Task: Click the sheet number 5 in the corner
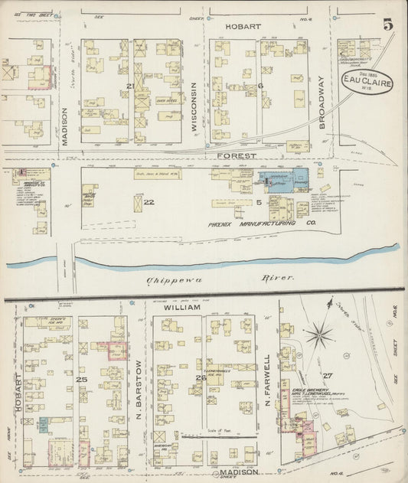pyautogui.click(x=388, y=24)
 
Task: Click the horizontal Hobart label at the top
pyautogui.click(x=243, y=26)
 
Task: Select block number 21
pyautogui.click(x=130, y=86)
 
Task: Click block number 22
pyautogui.click(x=149, y=202)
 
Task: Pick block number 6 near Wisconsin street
pyautogui.click(x=260, y=86)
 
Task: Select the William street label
pyautogui.click(x=182, y=307)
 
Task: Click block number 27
pyautogui.click(x=328, y=376)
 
